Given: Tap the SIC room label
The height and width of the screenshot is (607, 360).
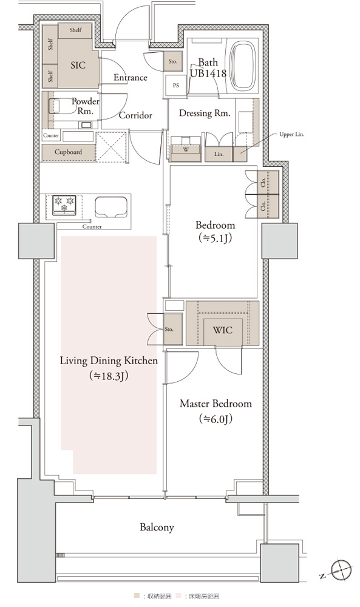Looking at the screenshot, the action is (x=78, y=66).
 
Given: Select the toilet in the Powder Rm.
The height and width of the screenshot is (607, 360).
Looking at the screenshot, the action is (x=62, y=106).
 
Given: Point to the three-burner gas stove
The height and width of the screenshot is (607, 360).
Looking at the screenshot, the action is (x=64, y=205).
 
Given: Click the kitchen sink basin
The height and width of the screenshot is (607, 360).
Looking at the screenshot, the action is (x=111, y=207).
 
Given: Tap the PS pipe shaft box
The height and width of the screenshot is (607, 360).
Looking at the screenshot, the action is (x=176, y=85).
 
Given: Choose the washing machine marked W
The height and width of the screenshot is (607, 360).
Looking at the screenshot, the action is (x=186, y=149).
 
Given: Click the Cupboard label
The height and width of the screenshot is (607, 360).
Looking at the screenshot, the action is (x=68, y=152).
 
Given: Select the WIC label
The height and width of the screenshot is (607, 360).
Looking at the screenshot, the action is (x=223, y=330).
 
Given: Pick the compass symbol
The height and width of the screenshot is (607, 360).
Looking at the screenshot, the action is (x=341, y=569).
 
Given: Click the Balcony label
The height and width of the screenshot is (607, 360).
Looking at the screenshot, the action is (x=157, y=527).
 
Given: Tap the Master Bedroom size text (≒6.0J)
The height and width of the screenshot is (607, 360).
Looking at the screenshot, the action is (x=216, y=418).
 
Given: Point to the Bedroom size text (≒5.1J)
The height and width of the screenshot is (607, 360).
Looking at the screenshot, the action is (x=215, y=238).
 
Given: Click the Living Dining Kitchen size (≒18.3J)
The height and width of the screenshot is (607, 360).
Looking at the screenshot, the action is (x=109, y=376).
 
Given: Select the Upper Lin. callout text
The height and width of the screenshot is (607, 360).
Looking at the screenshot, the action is (x=292, y=135).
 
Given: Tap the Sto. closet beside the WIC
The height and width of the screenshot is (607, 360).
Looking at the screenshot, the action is (x=172, y=330).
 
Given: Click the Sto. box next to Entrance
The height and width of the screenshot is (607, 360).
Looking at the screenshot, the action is (x=172, y=61).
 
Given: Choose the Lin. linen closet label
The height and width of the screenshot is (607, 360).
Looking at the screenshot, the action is (x=219, y=154).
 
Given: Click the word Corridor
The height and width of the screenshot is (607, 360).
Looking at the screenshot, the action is (x=135, y=115).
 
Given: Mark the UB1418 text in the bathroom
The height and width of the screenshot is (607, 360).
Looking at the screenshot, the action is (x=208, y=73).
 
